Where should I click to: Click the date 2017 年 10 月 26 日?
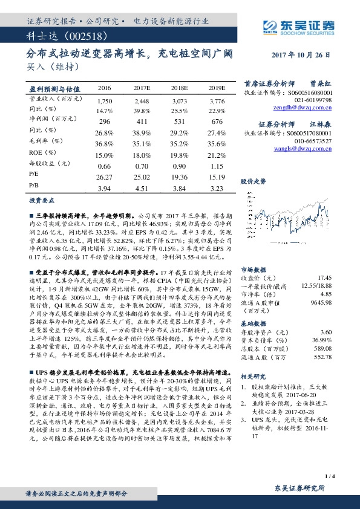(x=301, y=54)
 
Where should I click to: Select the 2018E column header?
(x=180, y=88)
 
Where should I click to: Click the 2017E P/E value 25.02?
(x=142, y=177)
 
